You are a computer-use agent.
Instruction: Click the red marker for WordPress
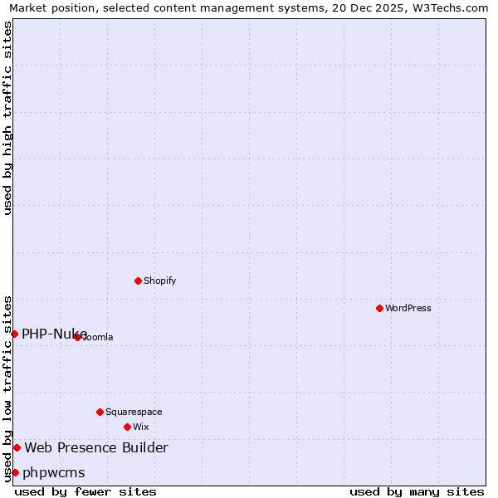(x=379, y=308)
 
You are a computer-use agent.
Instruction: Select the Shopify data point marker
(x=138, y=281)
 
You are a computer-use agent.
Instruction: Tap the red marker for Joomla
(x=77, y=337)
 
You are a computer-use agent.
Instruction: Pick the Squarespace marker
(x=100, y=412)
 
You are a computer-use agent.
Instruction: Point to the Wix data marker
(x=127, y=427)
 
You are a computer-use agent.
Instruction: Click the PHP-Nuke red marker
(x=14, y=334)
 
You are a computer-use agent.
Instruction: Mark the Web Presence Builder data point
(x=17, y=448)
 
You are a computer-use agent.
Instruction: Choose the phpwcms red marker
(x=15, y=472)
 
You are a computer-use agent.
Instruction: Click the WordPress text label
(x=408, y=308)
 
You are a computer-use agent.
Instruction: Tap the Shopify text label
(x=160, y=281)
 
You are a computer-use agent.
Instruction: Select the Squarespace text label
(x=134, y=412)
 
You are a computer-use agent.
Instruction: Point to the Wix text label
(x=141, y=427)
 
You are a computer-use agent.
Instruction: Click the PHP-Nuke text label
(x=54, y=334)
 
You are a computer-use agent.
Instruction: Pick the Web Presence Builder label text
(x=96, y=448)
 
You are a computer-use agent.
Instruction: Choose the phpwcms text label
(x=54, y=472)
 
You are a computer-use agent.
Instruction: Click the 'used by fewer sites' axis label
(x=85, y=491)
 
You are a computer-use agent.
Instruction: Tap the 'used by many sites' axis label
(x=417, y=491)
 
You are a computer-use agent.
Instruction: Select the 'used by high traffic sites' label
(x=8, y=118)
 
